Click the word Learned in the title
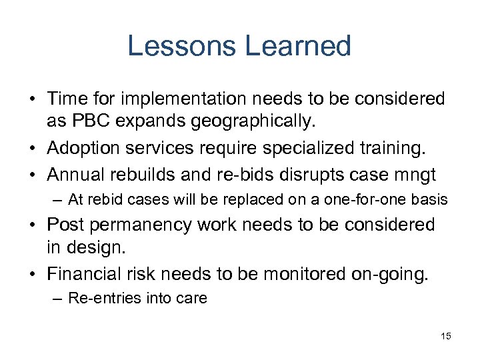(297, 46)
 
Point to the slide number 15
(445, 336)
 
